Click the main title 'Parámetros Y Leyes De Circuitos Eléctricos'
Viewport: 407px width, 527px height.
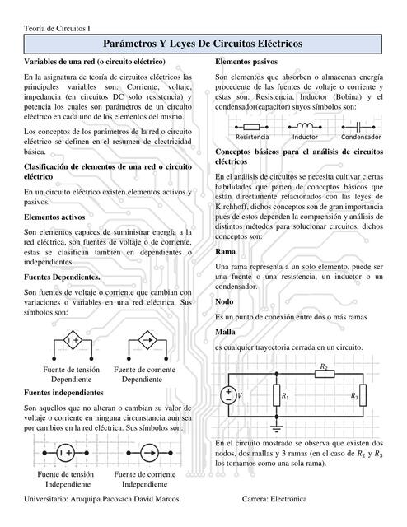[203, 43]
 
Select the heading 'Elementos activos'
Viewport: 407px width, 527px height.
[55, 217]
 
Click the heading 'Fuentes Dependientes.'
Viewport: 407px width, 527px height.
[63, 277]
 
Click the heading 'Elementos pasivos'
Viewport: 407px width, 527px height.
[246, 63]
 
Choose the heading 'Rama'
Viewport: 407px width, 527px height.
[225, 251]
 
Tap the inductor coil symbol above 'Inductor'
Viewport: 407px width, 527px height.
[305, 125]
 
